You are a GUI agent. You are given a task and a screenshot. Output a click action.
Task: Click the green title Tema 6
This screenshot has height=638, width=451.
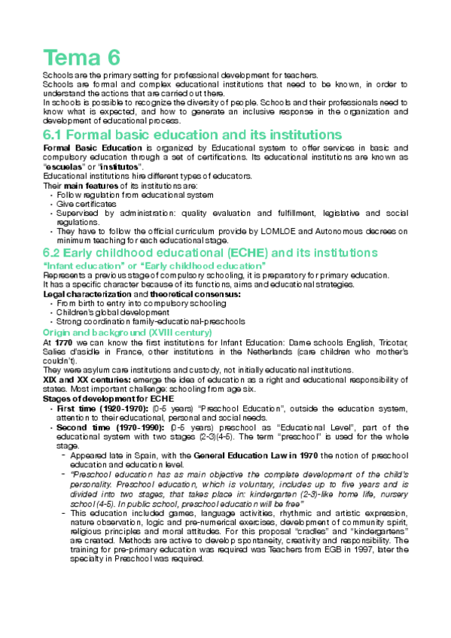[x=82, y=57]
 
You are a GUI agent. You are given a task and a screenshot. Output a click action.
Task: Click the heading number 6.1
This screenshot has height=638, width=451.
[x=58, y=135]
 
